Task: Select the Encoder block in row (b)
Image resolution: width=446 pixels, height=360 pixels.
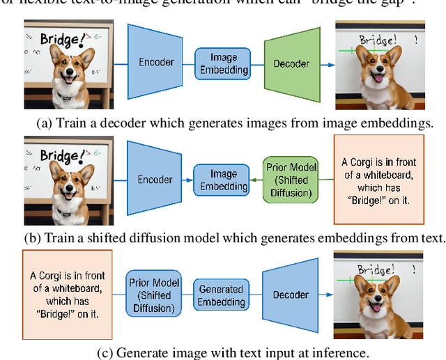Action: [155, 179]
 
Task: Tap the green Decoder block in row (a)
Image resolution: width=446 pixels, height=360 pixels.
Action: [291, 63]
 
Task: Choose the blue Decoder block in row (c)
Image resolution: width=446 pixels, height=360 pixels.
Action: [291, 295]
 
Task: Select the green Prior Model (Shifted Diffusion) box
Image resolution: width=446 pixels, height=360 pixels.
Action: [291, 179]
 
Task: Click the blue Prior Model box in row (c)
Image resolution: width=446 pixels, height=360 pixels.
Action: [155, 295]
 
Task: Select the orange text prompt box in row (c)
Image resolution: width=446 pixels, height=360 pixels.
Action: [64, 296]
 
